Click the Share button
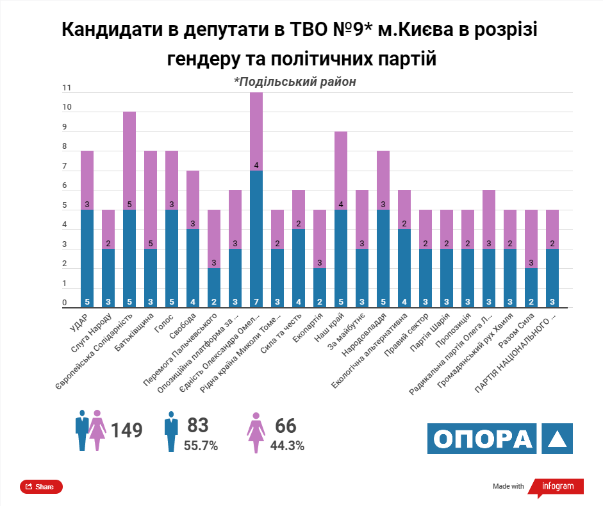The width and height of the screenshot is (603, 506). click(x=41, y=487)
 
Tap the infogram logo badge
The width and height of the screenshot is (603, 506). click(x=556, y=487)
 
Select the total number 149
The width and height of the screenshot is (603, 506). click(x=126, y=430)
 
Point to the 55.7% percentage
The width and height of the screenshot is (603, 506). click(x=201, y=445)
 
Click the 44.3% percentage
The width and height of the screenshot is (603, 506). click(x=287, y=445)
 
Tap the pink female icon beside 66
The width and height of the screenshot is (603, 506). click(x=256, y=431)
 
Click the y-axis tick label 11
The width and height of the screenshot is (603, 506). click(x=66, y=88)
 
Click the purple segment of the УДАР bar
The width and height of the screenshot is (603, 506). click(x=87, y=180)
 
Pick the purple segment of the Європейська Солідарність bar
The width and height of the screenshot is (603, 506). click(x=129, y=160)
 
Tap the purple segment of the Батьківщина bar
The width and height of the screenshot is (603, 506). click(x=151, y=199)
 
